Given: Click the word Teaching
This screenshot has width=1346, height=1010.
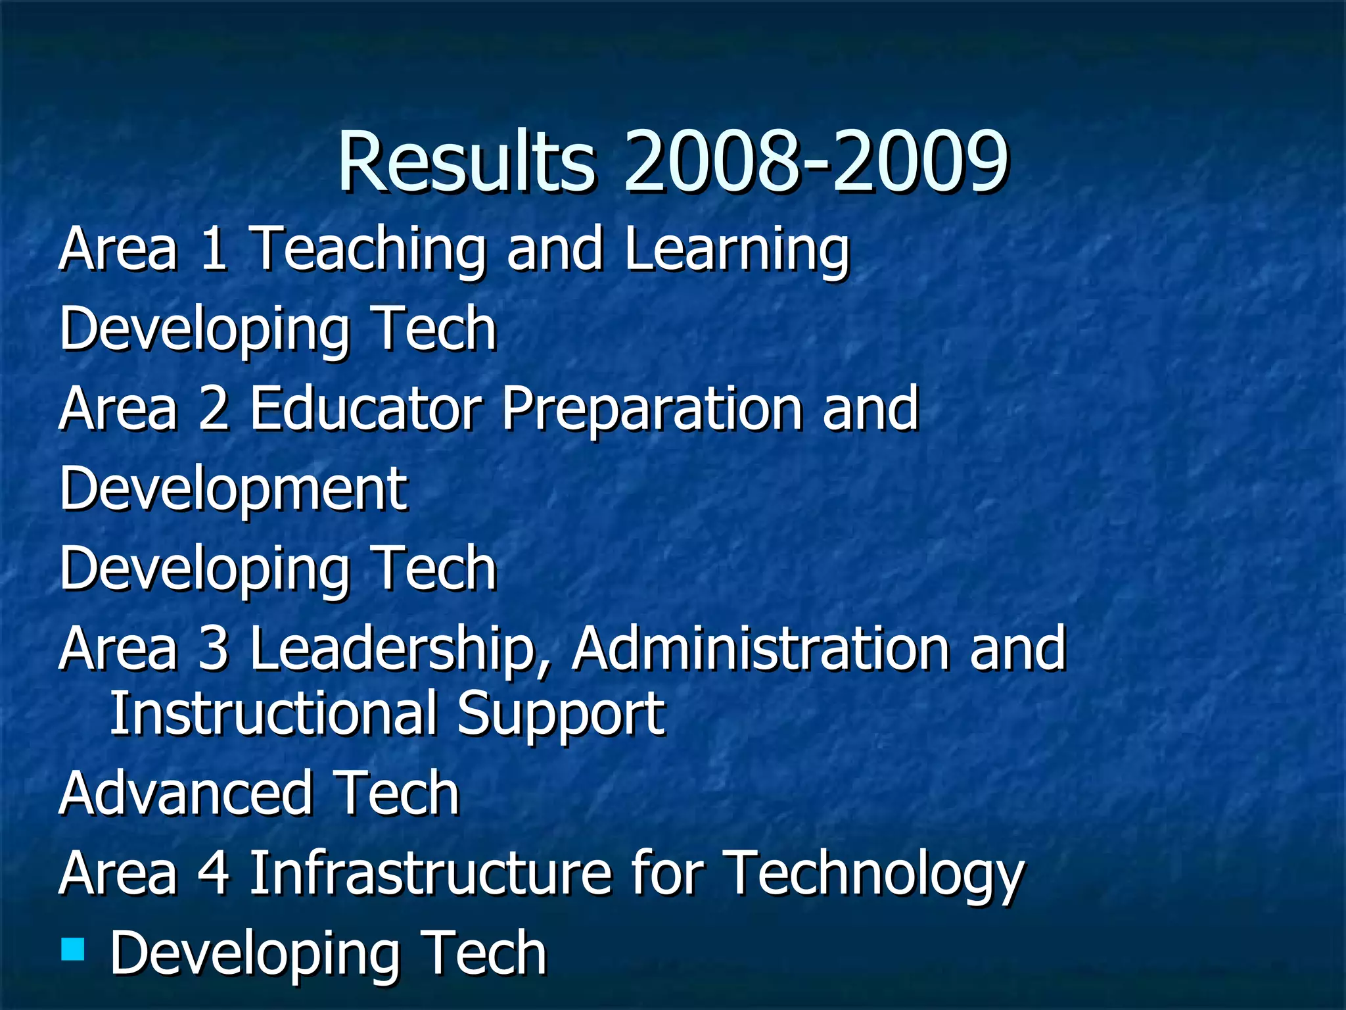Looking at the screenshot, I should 369,250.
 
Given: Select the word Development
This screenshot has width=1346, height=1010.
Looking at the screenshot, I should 233,491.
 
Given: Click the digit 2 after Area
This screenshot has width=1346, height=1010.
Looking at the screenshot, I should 214,409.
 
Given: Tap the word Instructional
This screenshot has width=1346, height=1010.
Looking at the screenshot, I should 273,713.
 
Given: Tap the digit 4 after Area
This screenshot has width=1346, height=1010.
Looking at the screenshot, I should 214,873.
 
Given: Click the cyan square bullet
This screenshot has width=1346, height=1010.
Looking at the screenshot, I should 73,949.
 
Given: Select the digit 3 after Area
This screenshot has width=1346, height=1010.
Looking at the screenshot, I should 214,649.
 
